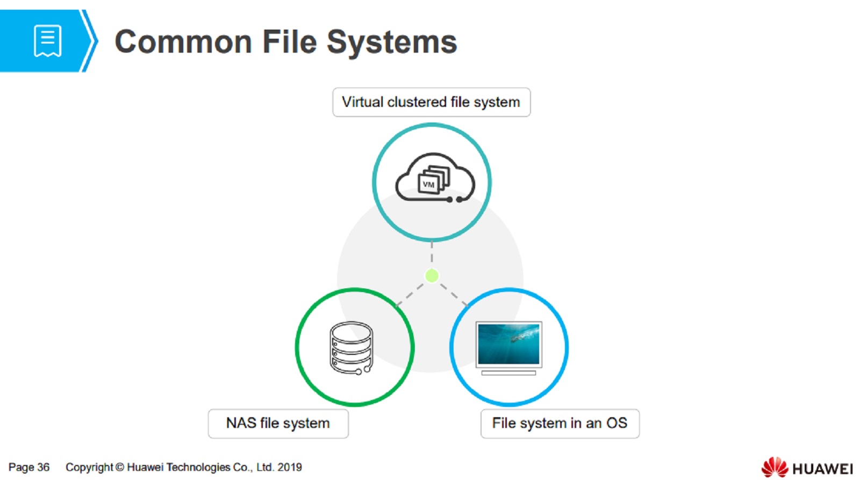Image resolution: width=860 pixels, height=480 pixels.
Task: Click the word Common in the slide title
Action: click(x=183, y=42)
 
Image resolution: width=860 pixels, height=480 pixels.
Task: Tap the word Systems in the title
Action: click(x=392, y=42)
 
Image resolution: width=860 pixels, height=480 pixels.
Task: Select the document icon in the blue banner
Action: click(x=47, y=40)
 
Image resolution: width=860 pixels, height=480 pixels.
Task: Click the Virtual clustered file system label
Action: click(x=431, y=102)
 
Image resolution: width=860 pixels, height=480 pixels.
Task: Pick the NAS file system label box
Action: click(x=278, y=423)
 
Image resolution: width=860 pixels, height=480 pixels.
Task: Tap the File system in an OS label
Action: click(x=560, y=423)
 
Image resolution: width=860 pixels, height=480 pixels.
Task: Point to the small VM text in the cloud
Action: click(x=428, y=185)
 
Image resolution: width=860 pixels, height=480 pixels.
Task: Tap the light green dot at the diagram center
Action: click(x=432, y=275)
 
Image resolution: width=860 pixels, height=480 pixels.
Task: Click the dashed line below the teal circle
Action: click(x=432, y=253)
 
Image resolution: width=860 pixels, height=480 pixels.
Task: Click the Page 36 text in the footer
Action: click(x=29, y=467)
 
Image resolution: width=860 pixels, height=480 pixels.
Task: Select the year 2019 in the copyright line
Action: click(x=290, y=467)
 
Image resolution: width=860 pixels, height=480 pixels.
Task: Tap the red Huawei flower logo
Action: click(x=775, y=467)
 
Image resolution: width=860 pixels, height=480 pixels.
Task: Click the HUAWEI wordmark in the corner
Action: click(x=822, y=469)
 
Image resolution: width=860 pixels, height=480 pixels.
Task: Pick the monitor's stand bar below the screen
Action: click(x=508, y=373)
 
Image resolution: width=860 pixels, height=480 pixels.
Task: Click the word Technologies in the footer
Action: click(x=198, y=467)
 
